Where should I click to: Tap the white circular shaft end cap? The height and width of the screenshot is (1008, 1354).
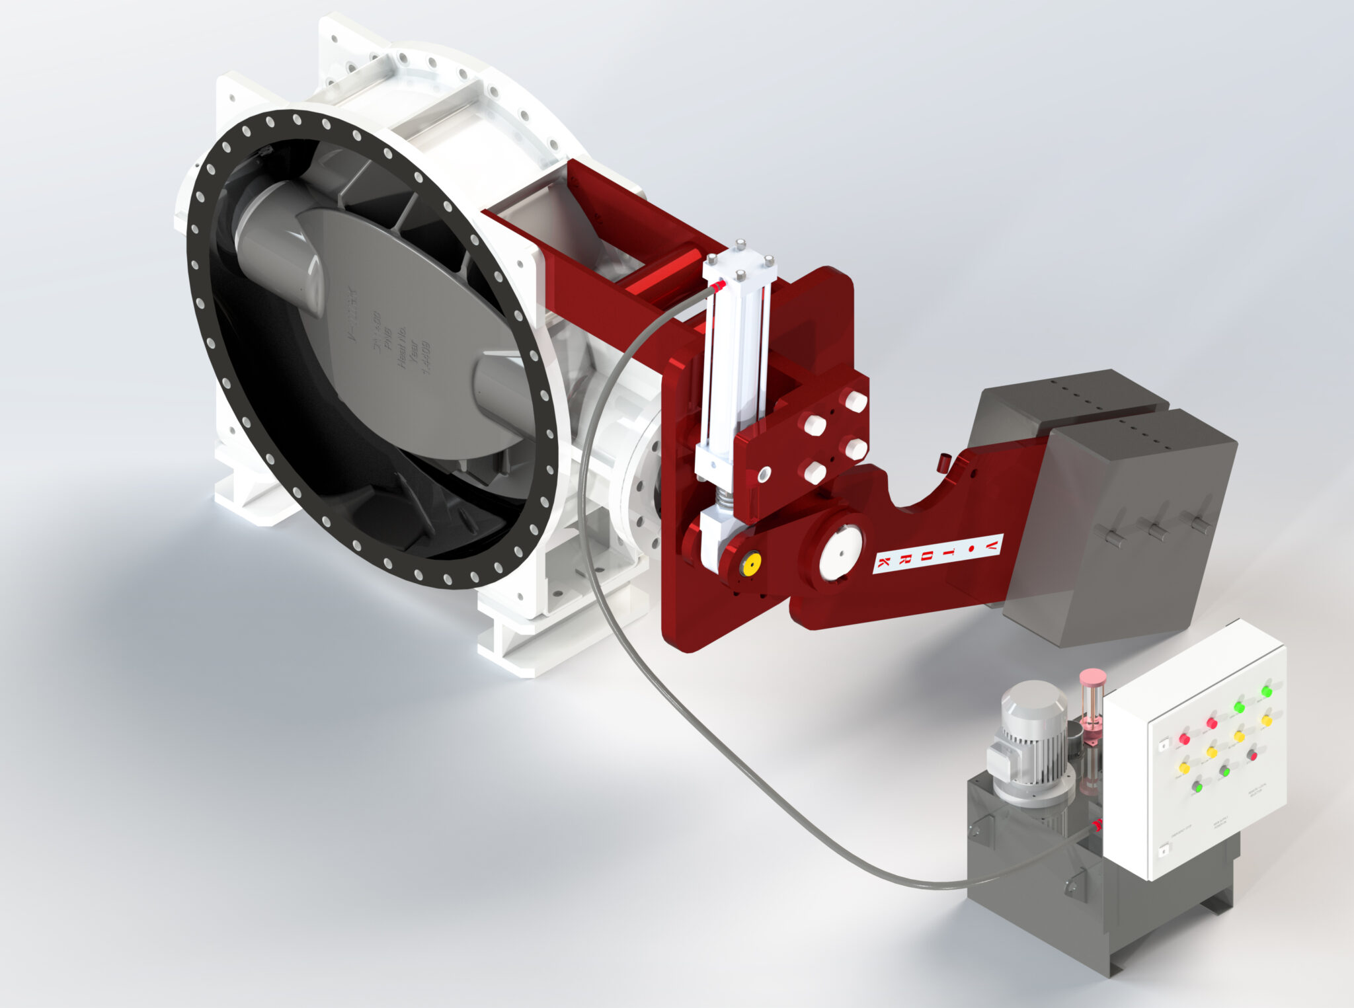(840, 553)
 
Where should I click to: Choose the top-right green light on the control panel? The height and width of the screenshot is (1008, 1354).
(1266, 691)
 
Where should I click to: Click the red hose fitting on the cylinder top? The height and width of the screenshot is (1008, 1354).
(719, 285)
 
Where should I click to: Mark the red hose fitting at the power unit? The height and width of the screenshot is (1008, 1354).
(1097, 824)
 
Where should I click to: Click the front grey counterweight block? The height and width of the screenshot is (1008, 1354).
(1124, 522)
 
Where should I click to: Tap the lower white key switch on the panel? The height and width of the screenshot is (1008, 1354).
(1164, 852)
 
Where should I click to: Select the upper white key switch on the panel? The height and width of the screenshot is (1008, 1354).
(1164, 745)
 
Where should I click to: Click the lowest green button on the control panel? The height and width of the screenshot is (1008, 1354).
(1197, 787)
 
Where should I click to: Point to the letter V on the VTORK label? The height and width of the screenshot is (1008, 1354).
(992, 543)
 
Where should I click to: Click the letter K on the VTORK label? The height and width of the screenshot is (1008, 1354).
(883, 563)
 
